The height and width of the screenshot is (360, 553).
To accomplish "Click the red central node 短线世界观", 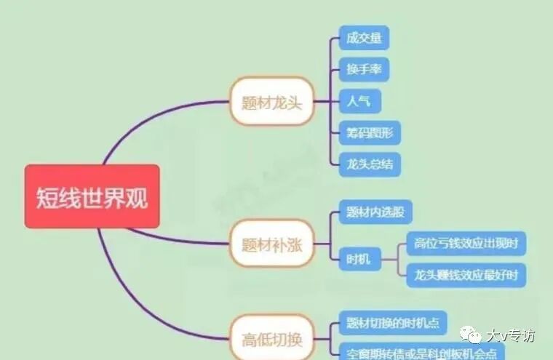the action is (92, 196).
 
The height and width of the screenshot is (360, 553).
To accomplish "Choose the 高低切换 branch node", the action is (271, 338).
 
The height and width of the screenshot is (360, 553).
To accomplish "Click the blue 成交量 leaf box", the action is (364, 38).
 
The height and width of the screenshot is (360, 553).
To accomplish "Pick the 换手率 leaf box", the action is (364, 70).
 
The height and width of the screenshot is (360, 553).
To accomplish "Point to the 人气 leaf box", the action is (359, 101).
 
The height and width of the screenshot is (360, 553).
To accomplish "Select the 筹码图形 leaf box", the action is (370, 133).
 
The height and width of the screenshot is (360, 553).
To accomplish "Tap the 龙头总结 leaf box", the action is (370, 164).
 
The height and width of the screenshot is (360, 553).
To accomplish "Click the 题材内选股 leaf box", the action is (375, 213).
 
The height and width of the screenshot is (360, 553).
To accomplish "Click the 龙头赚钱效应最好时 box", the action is (466, 276).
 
